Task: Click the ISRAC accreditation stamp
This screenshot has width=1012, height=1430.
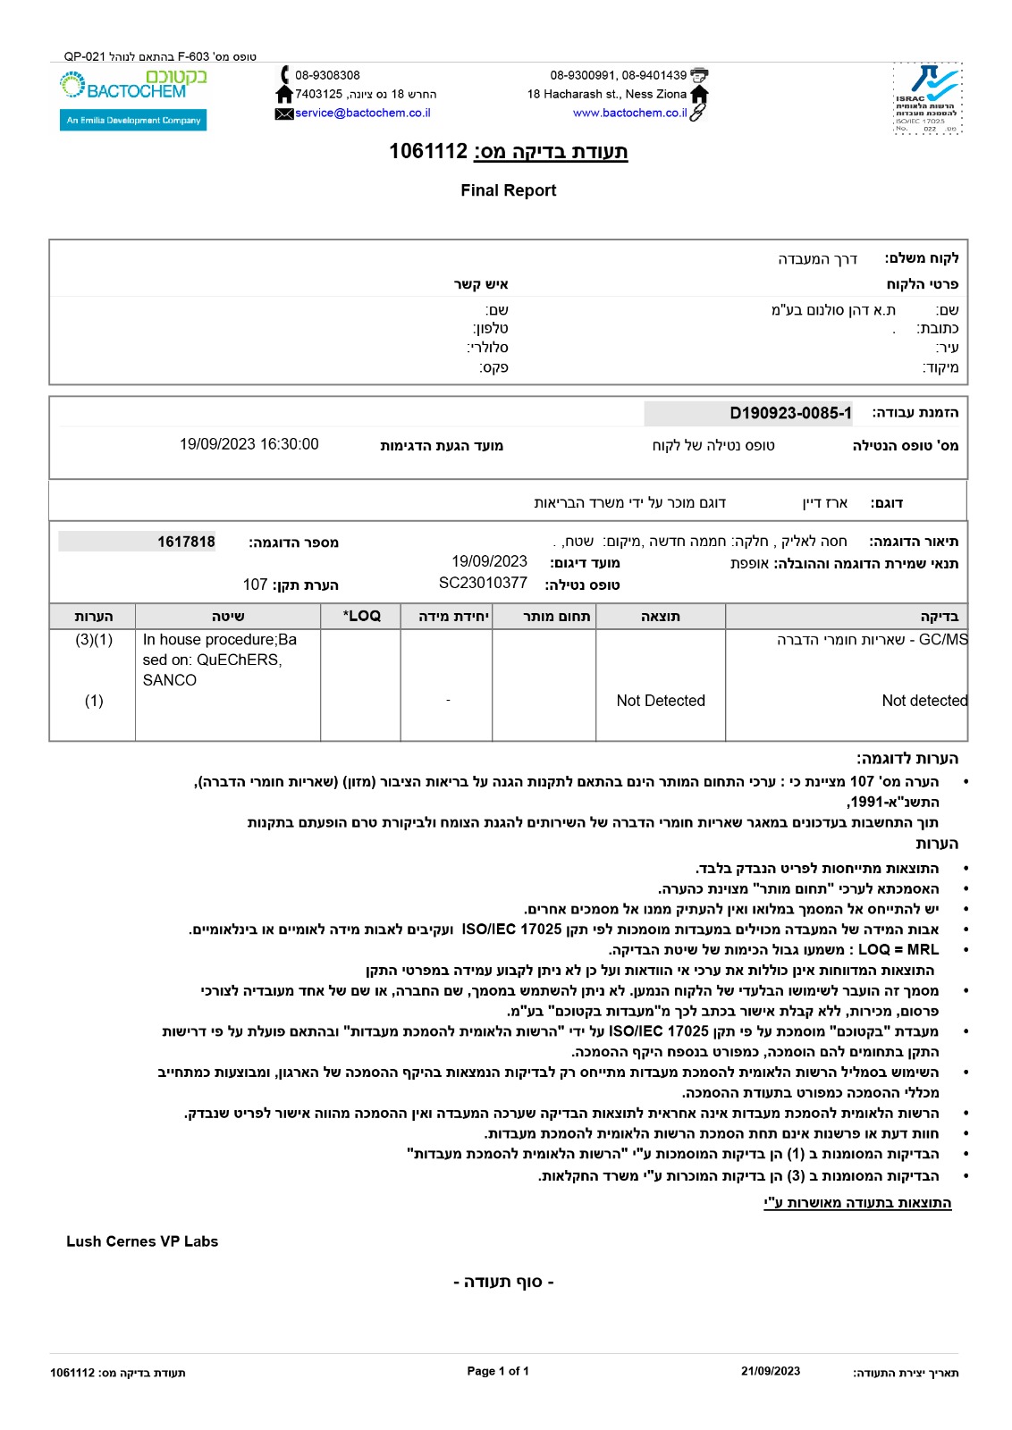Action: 927,98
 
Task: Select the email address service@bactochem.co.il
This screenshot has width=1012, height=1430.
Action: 363,113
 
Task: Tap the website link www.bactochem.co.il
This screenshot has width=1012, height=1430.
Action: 629,113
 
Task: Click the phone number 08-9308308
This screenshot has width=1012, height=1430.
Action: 327,76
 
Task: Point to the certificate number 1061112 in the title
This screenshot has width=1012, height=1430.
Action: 428,151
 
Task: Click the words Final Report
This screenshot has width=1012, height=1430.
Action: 508,190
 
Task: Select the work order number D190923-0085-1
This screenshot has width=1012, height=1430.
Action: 790,413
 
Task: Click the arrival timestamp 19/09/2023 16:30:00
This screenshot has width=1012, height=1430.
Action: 249,444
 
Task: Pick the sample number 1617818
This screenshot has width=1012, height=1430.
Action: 186,542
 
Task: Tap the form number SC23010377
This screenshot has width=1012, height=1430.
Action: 483,584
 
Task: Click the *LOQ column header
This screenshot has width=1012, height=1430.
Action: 361,616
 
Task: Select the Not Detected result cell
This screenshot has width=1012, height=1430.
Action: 661,701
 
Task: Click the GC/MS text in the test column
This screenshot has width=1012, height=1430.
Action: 942,640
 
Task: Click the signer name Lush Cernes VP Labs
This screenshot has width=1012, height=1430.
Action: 142,1241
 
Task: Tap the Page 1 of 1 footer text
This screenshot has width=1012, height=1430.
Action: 498,1371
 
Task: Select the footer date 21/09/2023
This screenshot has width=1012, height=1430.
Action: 771,1371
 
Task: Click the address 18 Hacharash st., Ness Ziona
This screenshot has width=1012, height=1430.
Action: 607,94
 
